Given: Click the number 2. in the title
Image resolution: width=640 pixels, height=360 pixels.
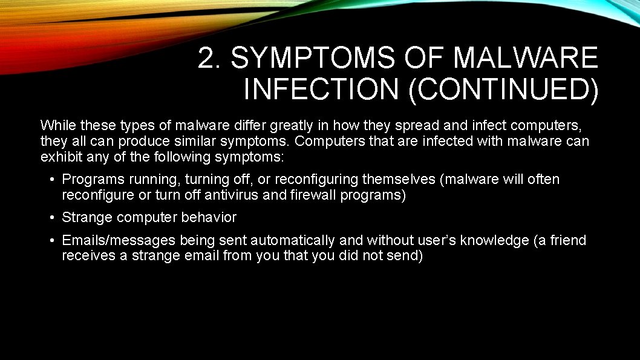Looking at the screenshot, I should pyautogui.click(x=210, y=58).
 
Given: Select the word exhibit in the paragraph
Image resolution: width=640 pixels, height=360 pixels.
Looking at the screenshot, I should pyautogui.click(x=61, y=157).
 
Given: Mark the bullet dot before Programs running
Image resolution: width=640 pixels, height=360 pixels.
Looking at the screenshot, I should pyautogui.click(x=53, y=180).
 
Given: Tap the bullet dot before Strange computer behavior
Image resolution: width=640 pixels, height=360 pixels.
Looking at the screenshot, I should pyautogui.click(x=53, y=218).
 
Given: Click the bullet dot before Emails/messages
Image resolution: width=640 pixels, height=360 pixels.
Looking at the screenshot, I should pyautogui.click(x=53, y=241).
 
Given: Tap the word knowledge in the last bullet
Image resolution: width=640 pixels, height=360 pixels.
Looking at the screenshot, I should pyautogui.click(x=494, y=241).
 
